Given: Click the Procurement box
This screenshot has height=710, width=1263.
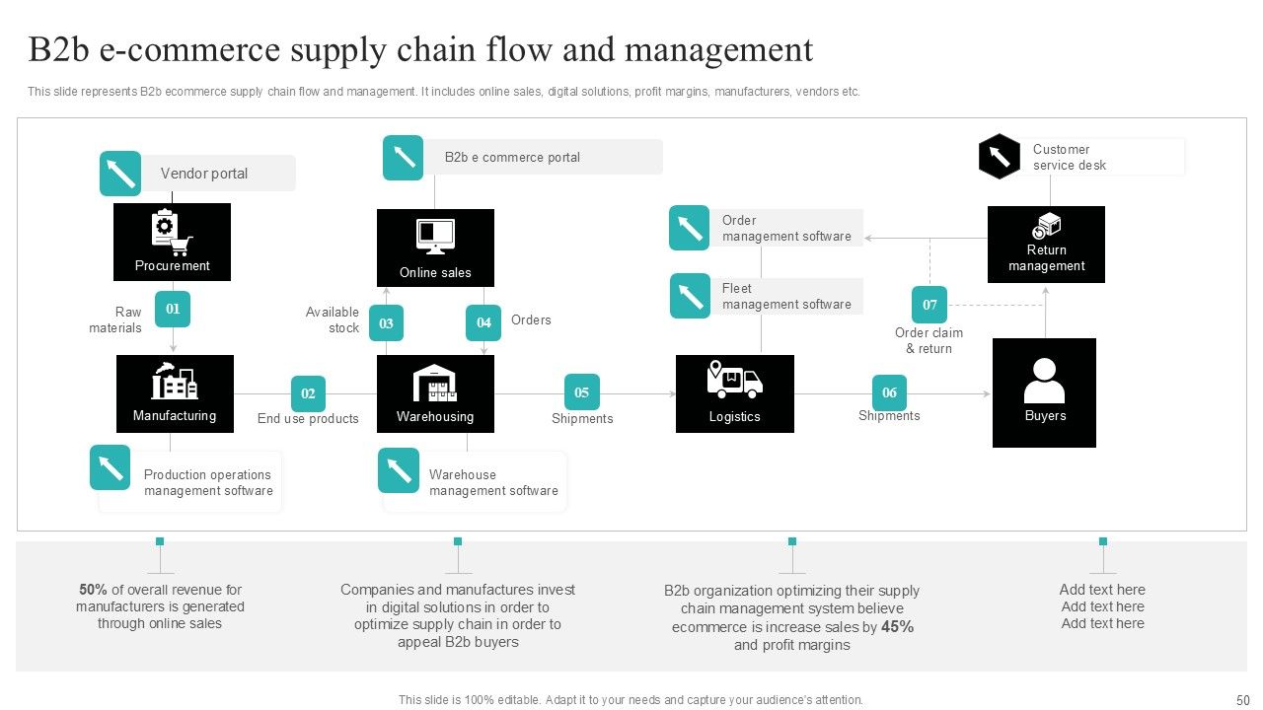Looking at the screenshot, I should pyautogui.click(x=172, y=242).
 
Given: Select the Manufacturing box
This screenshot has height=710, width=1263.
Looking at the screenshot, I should pyautogui.click(x=175, y=393).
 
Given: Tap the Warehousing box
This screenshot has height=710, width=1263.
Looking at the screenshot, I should pyautogui.click(x=435, y=393).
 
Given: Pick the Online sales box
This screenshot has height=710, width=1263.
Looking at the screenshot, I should pyautogui.click(x=435, y=248).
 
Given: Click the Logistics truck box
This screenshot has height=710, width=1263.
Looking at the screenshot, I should pyautogui.click(x=734, y=393).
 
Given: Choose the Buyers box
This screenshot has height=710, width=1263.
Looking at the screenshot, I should pyautogui.click(x=1044, y=392).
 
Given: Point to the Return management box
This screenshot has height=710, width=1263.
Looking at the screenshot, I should pyautogui.click(x=1046, y=245).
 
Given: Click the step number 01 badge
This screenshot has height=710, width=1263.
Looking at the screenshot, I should pyautogui.click(x=173, y=309).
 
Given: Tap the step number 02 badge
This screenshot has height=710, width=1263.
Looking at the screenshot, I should pyautogui.click(x=308, y=393).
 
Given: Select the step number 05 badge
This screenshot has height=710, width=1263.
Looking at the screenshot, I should pyautogui.click(x=581, y=392).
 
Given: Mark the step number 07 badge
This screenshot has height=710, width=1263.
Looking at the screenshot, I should pyautogui.click(x=929, y=305).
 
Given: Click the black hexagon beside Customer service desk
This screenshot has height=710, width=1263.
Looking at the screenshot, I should pyautogui.click(x=999, y=156).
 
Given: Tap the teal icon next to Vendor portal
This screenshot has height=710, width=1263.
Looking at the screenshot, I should pyautogui.click(x=120, y=174).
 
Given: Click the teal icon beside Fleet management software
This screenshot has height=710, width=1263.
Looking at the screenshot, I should pyautogui.click(x=690, y=296).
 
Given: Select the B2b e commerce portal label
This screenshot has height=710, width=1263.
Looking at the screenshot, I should pyautogui.click(x=512, y=157).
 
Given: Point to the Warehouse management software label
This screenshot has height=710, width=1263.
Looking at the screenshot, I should pyautogui.click(x=493, y=482).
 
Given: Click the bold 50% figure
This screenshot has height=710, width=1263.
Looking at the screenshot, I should pyautogui.click(x=93, y=590).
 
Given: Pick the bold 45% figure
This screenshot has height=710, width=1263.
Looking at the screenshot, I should pyautogui.click(x=897, y=627).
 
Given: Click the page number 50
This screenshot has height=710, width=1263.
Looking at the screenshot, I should pyautogui.click(x=1242, y=700).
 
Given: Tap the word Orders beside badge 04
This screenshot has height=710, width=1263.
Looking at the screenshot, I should pyautogui.click(x=531, y=319).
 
